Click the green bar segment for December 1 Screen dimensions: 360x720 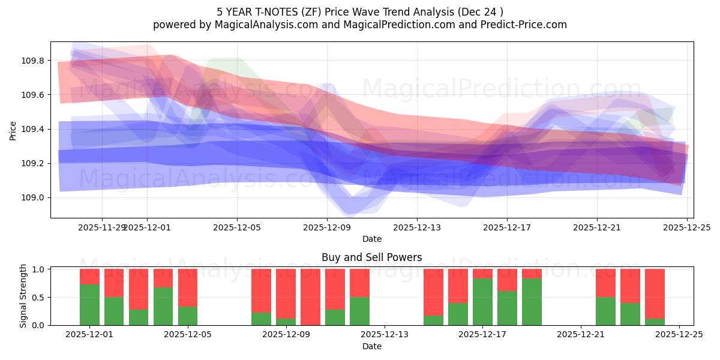(89, 305)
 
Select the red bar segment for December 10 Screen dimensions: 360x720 (310, 296)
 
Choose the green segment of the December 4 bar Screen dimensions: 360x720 (163, 306)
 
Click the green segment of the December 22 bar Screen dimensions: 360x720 (605, 311)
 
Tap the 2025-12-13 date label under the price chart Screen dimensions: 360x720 (417, 227)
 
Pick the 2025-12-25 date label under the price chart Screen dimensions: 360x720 (687, 227)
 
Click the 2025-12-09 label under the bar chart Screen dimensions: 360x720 (286, 334)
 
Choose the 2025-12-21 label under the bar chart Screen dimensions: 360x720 (581, 334)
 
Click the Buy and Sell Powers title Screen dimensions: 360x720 (371, 257)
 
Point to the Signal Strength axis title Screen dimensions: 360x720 (23, 296)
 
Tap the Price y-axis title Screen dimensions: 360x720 (13, 130)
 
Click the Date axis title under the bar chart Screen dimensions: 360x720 (371, 346)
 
